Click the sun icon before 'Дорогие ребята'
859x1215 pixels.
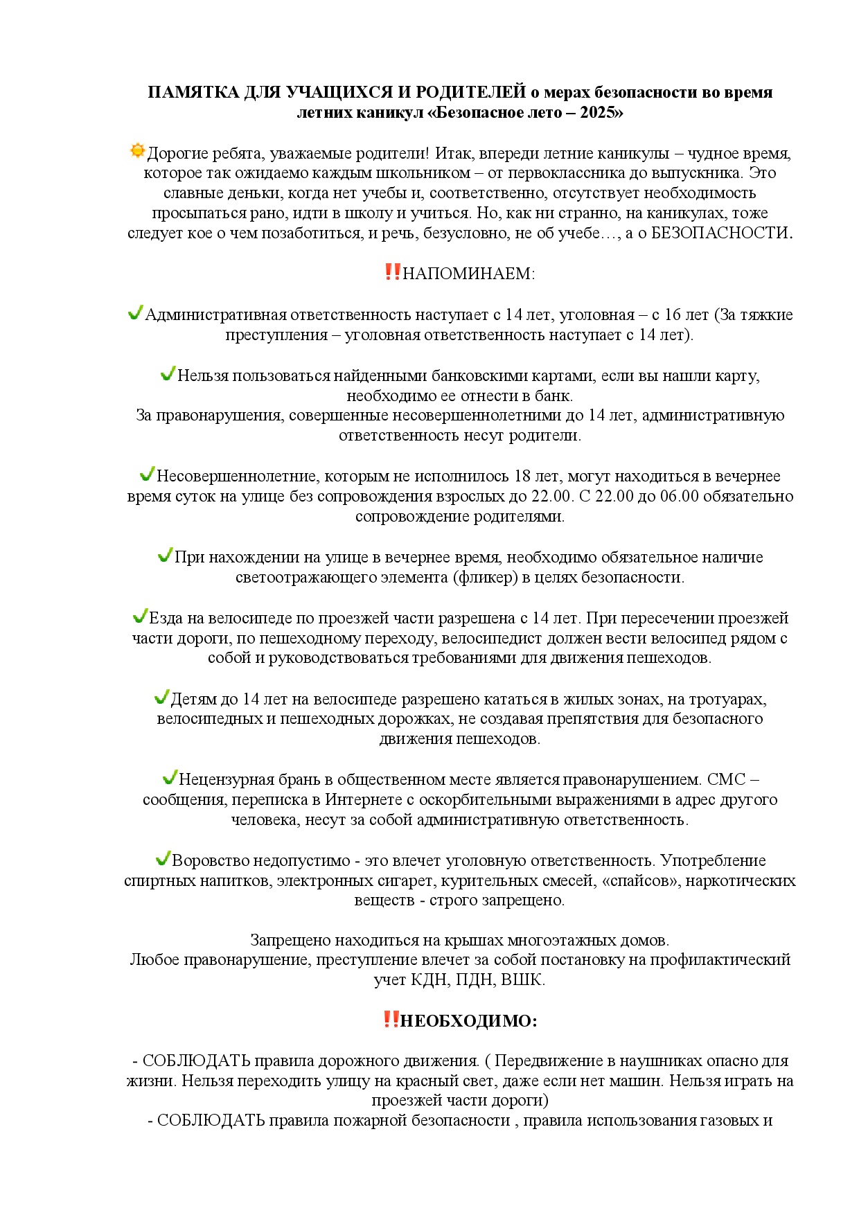(137, 150)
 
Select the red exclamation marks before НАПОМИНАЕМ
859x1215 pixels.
(392, 272)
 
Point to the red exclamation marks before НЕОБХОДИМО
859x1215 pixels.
(391, 1019)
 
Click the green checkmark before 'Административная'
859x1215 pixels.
(135, 313)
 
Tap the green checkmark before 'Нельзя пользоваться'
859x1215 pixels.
(168, 374)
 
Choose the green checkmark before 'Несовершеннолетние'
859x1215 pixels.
(147, 475)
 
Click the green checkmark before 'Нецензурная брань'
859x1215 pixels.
(170, 778)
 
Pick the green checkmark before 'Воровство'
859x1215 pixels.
(163, 859)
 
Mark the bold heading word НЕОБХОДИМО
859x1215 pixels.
(468, 1020)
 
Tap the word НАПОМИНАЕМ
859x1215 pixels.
(468, 274)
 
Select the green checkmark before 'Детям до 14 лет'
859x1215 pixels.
(161, 697)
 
